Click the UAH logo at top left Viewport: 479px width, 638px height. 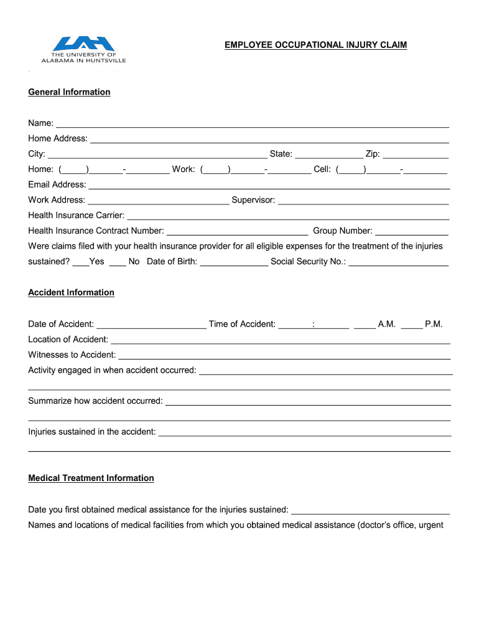[83, 49]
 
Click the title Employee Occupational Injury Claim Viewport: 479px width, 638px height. [315, 45]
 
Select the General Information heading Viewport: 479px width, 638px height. [69, 92]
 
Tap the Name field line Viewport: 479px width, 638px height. [252, 123]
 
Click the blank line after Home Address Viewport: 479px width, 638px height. [269, 139]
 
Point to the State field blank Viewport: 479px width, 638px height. [328, 155]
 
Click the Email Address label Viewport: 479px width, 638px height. [57, 184]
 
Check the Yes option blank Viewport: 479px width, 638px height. [80, 262]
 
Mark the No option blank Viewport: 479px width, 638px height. [118, 262]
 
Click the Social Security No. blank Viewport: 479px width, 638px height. [398, 262]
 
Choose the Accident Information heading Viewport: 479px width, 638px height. [71, 292]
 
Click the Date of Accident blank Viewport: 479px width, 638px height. [151, 324]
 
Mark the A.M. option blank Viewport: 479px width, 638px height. [365, 324]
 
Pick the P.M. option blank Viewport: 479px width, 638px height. [411, 324]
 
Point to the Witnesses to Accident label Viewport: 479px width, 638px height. [72, 355]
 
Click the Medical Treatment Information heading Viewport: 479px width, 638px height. [91, 478]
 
